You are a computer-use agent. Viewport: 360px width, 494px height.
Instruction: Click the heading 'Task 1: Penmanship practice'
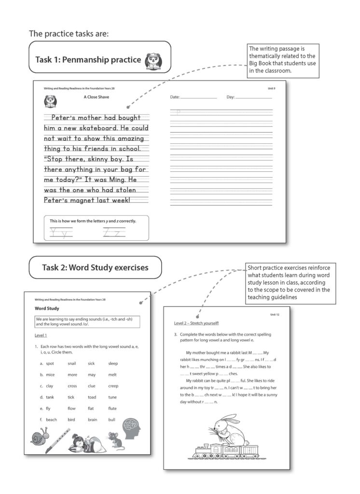click(x=88, y=60)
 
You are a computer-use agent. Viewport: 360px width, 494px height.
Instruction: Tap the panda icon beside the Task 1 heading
click(x=154, y=60)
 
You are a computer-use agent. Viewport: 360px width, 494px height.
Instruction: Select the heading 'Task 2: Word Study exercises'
click(x=95, y=267)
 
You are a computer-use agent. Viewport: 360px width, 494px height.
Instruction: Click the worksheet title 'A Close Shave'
click(x=96, y=97)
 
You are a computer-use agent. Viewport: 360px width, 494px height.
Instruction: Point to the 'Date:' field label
click(x=175, y=97)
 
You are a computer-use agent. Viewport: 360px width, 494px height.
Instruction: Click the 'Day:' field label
click(x=230, y=97)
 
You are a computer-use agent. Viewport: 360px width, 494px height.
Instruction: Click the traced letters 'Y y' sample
click(x=61, y=233)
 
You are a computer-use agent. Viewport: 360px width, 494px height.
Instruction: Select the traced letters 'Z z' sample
click(x=114, y=233)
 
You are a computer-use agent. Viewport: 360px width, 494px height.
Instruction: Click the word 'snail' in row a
click(x=72, y=363)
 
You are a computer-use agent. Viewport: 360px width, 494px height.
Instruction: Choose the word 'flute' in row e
click(x=112, y=408)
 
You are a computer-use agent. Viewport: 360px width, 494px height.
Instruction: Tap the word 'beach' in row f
click(x=51, y=420)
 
